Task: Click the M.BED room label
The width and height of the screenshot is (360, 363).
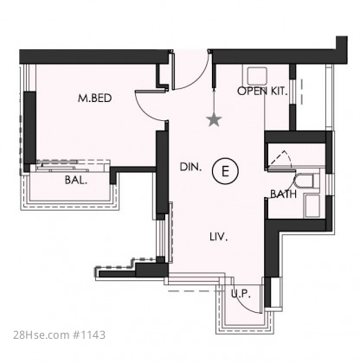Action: (94, 99)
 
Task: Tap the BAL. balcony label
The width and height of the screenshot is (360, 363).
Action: (76, 181)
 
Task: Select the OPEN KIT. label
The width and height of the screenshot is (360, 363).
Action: (262, 92)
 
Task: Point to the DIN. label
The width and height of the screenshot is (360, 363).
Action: (190, 167)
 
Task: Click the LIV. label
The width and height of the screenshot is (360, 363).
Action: (219, 237)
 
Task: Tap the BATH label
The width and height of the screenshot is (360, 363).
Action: (283, 194)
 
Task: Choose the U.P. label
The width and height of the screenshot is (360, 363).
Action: (241, 294)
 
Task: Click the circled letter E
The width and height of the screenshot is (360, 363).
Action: (225, 171)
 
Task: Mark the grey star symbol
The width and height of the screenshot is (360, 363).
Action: (215, 119)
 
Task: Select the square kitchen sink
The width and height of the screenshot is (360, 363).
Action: (257, 76)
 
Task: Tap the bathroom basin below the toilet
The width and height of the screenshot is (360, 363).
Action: (312, 206)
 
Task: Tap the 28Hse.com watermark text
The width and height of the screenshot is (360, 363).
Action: (41, 335)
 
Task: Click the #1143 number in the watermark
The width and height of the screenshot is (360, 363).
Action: (89, 335)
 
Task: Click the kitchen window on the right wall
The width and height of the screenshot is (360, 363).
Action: (292, 92)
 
